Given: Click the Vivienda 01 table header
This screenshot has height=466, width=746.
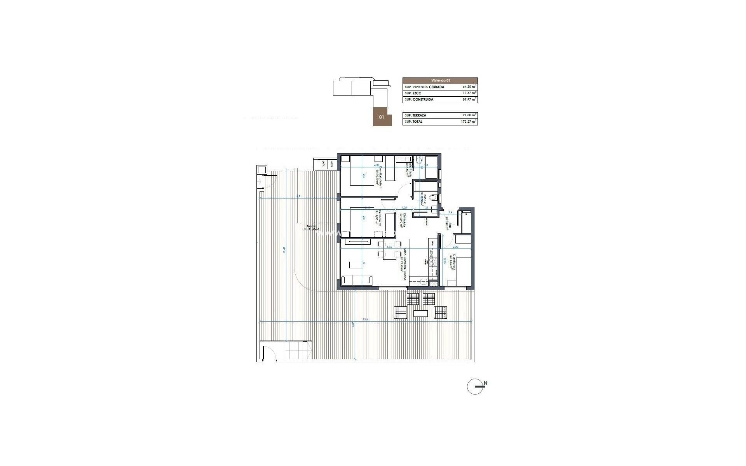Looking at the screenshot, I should [440, 80].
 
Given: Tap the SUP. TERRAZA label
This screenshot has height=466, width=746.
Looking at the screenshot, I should [415, 115].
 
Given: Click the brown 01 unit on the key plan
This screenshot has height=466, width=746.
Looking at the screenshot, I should [381, 117].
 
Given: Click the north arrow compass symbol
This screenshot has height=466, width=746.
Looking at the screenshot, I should [476, 387].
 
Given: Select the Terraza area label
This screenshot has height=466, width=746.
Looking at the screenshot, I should [312, 228].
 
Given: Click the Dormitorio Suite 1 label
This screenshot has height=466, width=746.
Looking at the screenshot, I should [379, 177].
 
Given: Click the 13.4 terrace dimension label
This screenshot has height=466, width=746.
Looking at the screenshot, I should [365, 320].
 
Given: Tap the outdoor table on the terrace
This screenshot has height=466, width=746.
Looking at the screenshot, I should [420, 313].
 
